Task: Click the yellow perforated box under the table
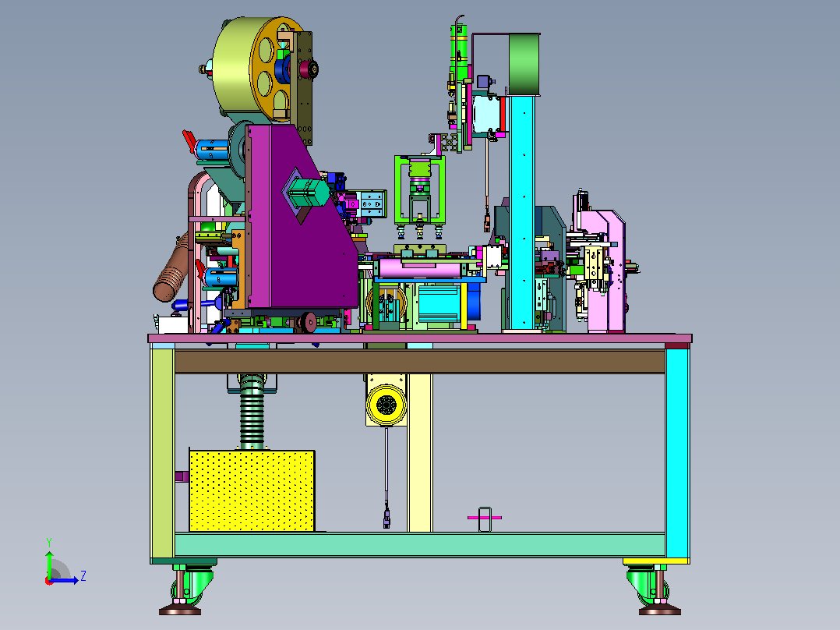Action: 252,490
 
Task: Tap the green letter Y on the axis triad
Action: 49,542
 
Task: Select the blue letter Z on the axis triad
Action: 83,576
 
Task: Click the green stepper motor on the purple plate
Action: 309,193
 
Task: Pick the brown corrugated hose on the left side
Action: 171,269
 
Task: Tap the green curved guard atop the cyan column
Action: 524,65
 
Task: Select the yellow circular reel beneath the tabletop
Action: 386,404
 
